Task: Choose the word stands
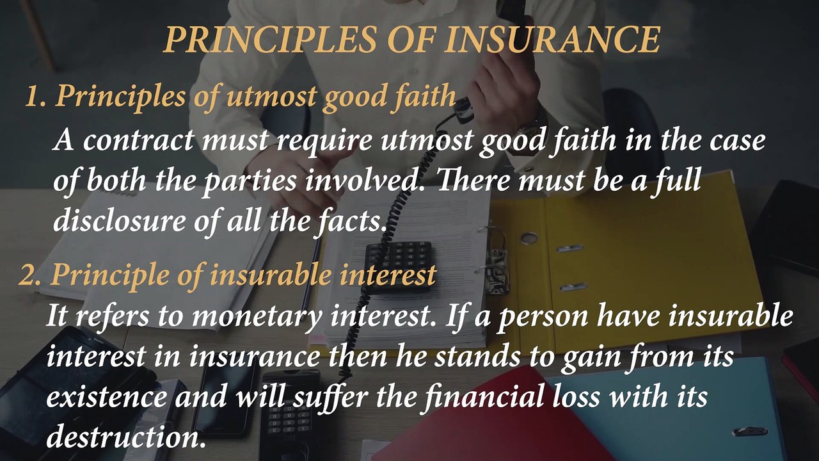coord(474,357)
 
